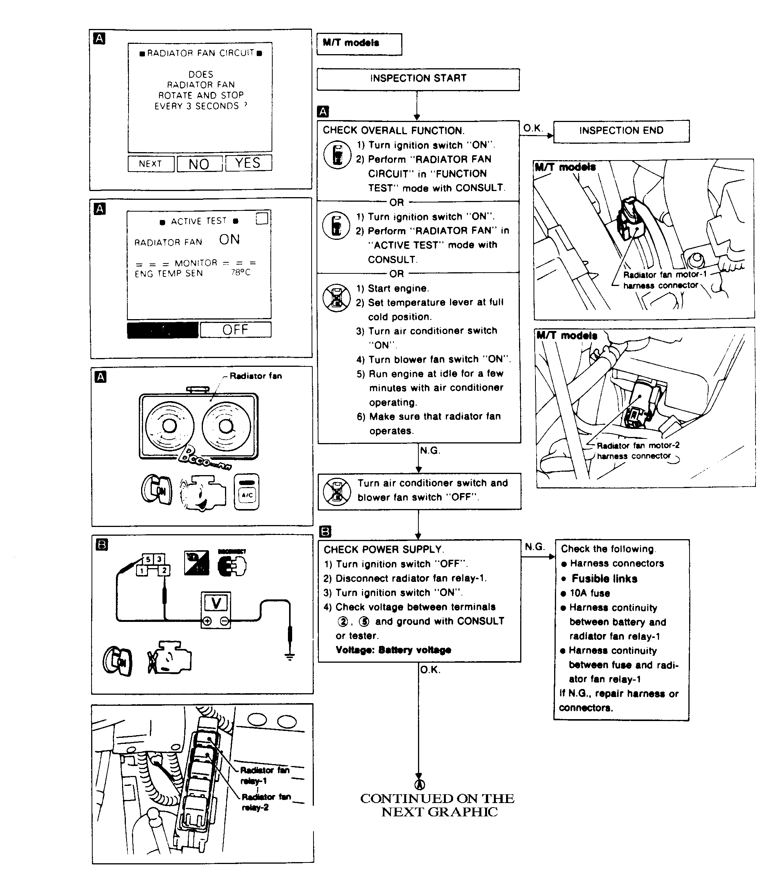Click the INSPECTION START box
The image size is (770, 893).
pos(418,79)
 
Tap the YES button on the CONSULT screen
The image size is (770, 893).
pos(248,163)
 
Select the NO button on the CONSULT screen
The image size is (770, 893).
pos(199,164)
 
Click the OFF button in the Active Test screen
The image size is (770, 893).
pos(235,330)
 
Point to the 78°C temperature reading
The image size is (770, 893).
pos(241,272)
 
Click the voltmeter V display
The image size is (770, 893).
pos(216,603)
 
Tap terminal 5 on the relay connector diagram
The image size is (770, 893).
pos(148,559)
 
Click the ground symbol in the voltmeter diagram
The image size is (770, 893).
pos(290,657)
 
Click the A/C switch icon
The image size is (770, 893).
pos(247,493)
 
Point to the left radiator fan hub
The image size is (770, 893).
pos(169,426)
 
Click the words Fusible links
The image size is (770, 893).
pos(604,579)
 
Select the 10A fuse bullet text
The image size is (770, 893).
pos(589,593)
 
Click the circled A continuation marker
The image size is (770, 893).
pos(419,784)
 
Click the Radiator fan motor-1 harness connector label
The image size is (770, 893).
pos(664,280)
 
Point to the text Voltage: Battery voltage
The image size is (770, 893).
pos(393,650)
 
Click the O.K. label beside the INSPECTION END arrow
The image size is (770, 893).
pos(533,128)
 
